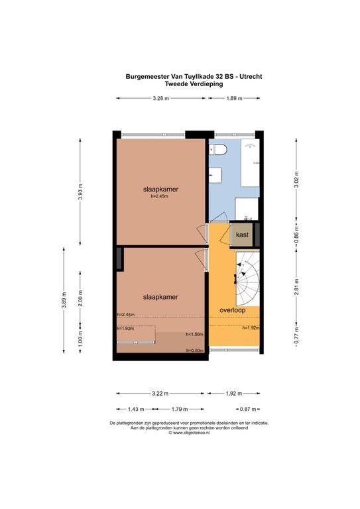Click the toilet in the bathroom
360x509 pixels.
[x=219, y=149]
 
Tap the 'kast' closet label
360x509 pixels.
[x=242, y=235]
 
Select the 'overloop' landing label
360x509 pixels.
[x=233, y=310]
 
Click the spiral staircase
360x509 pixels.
[x=247, y=279]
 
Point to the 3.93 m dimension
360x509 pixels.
[x=80, y=192]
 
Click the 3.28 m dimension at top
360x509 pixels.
[x=161, y=98]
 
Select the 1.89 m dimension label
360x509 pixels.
[x=235, y=98]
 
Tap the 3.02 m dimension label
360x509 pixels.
[x=296, y=179]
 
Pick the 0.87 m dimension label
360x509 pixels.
[x=248, y=409]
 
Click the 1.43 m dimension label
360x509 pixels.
[x=136, y=409]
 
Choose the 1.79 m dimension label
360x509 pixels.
[x=180, y=409]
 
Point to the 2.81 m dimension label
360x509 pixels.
[x=296, y=287]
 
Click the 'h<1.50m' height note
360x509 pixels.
[x=194, y=334]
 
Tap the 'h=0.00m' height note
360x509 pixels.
[x=195, y=351]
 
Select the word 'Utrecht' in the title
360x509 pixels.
[x=251, y=77]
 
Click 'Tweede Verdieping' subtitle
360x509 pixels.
[x=194, y=84]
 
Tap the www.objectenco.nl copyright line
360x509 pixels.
[x=189, y=433]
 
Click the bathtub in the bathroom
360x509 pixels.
[x=251, y=163]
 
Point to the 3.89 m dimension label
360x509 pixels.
[x=64, y=300]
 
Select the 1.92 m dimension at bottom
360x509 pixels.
[x=234, y=394]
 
